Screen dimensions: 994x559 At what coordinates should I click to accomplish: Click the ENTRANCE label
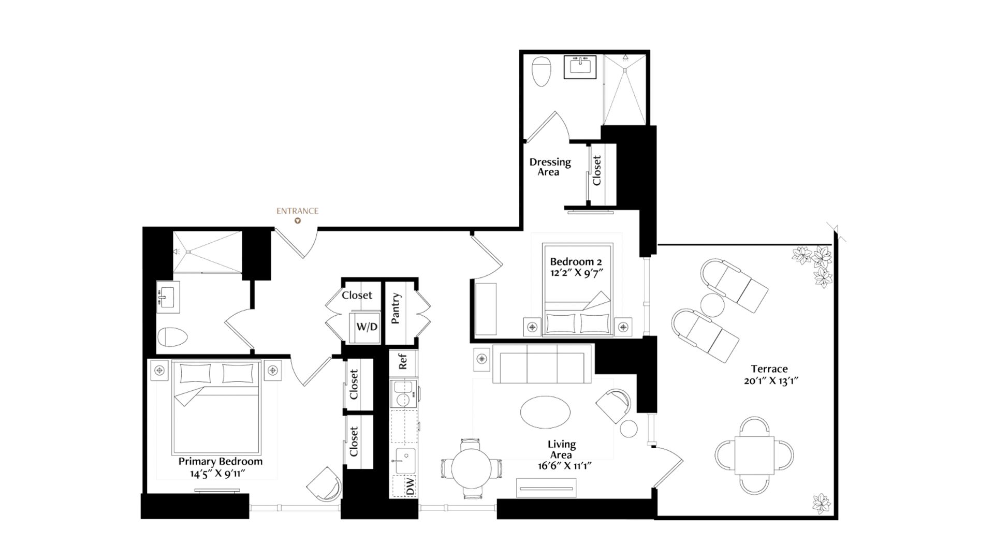click(297, 211)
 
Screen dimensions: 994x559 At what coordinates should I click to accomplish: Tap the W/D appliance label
click(367, 327)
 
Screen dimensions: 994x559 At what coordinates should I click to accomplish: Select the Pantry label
click(396, 308)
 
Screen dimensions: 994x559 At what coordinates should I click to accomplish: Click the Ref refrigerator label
click(403, 361)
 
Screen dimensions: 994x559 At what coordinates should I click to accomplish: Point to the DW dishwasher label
click(410, 486)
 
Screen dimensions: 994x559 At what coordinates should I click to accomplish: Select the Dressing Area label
click(550, 167)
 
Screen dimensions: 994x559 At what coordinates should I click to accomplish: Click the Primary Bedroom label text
click(221, 461)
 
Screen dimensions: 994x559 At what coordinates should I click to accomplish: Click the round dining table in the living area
click(471, 469)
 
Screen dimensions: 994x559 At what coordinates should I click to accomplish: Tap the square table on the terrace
click(754, 455)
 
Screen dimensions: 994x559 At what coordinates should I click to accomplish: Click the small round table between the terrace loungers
click(712, 305)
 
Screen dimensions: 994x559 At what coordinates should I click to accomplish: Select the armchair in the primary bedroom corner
click(325, 483)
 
